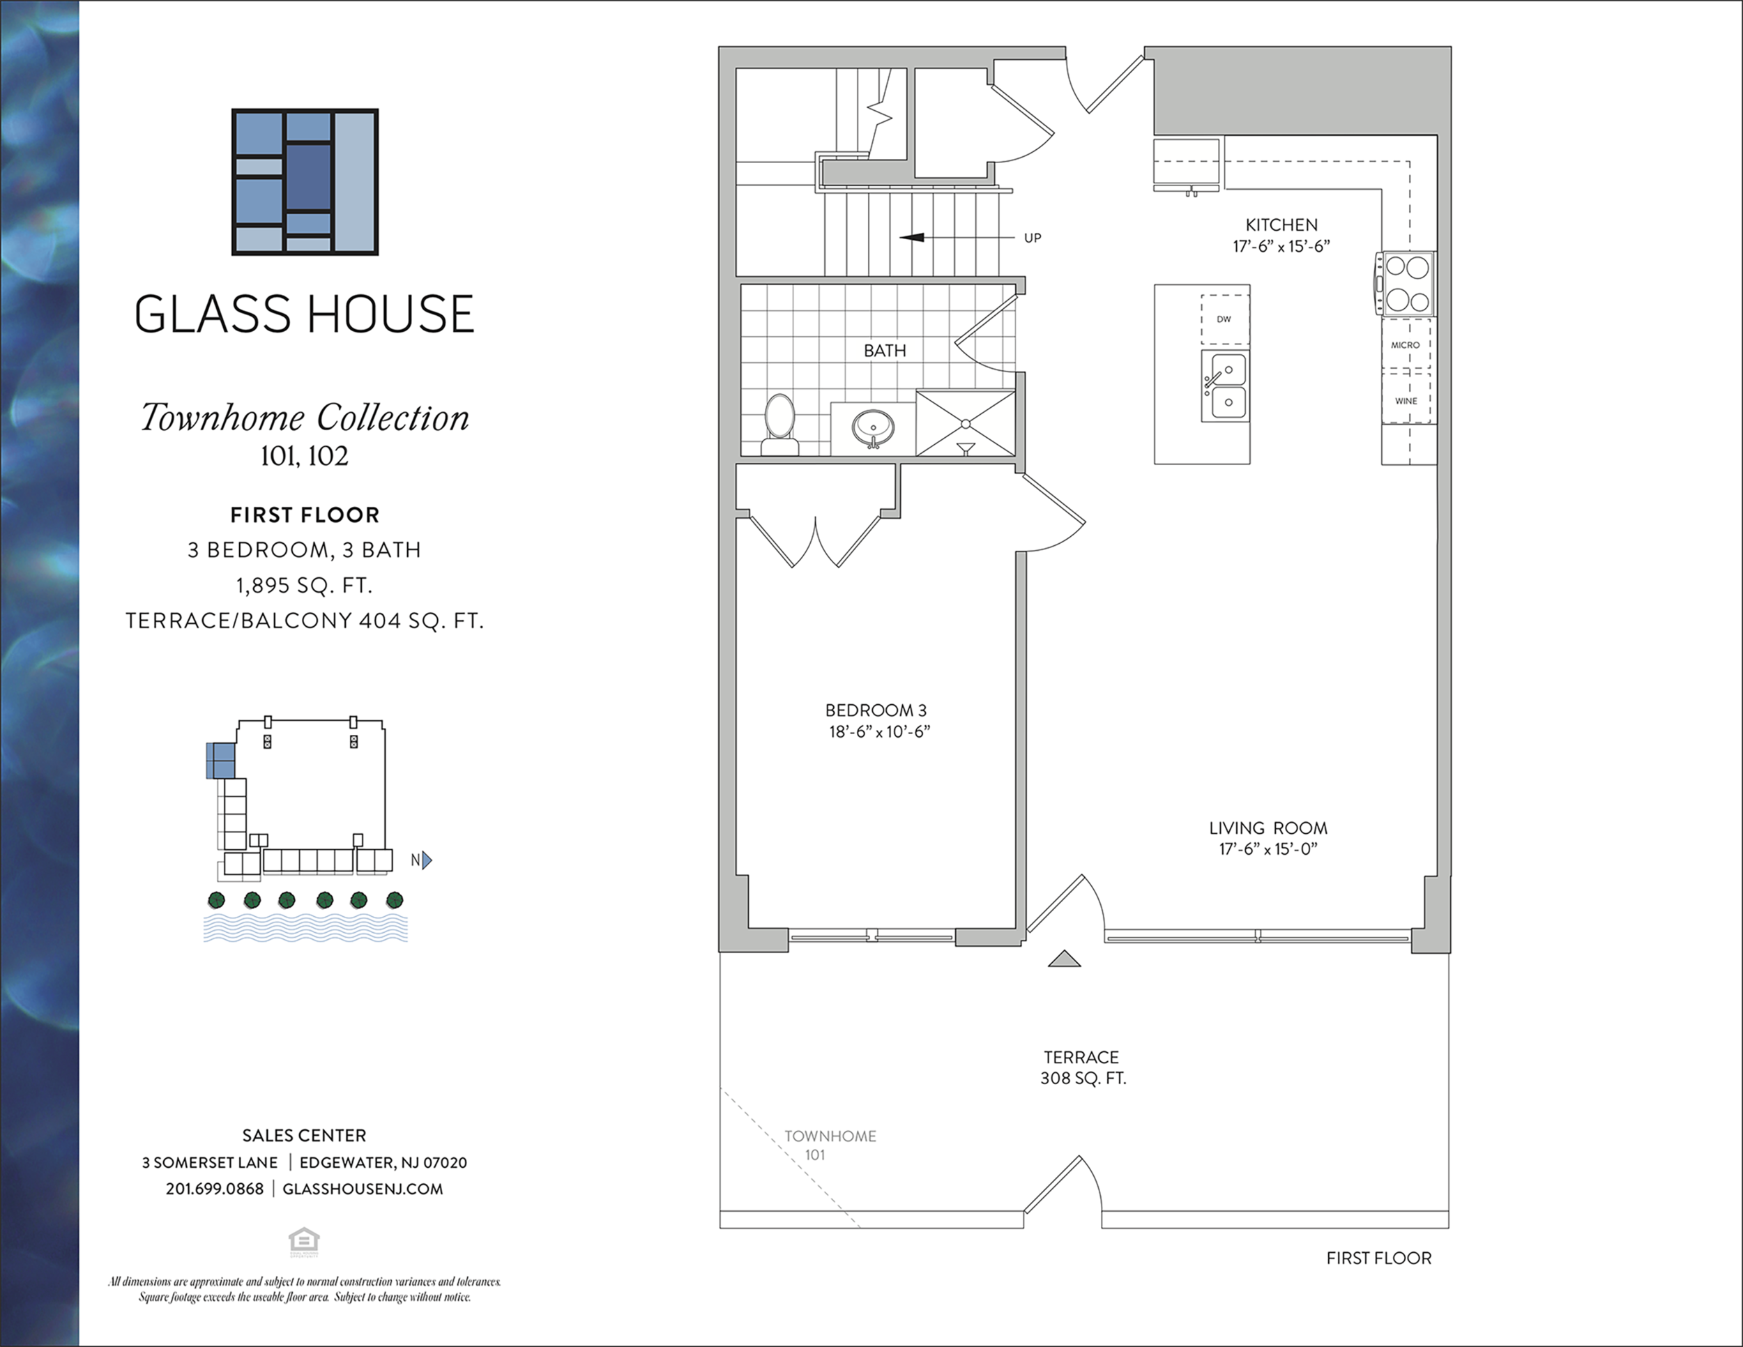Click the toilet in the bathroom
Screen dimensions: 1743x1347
tap(779, 425)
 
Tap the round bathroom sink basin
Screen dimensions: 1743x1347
tap(873, 427)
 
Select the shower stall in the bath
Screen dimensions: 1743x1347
tap(966, 423)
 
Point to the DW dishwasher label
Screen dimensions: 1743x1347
tap(1224, 319)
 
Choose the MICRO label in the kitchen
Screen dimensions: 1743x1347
tap(1406, 344)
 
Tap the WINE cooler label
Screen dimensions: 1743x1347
tap(1406, 401)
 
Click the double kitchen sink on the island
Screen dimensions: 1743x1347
tap(1225, 386)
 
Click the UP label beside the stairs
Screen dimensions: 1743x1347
tap(1033, 238)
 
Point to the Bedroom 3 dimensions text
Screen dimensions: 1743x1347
tap(879, 732)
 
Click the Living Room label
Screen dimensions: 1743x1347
tap(1268, 828)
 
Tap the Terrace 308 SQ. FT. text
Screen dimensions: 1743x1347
tap(1082, 1067)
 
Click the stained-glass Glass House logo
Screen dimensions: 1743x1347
tap(305, 182)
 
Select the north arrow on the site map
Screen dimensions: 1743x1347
tap(427, 860)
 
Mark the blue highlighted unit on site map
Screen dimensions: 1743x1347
tap(221, 760)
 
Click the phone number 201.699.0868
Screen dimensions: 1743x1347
tap(215, 1189)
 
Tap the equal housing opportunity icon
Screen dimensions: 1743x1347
tap(304, 1242)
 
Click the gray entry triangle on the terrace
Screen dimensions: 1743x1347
tap(1064, 959)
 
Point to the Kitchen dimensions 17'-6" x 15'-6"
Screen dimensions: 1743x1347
tap(1281, 247)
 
